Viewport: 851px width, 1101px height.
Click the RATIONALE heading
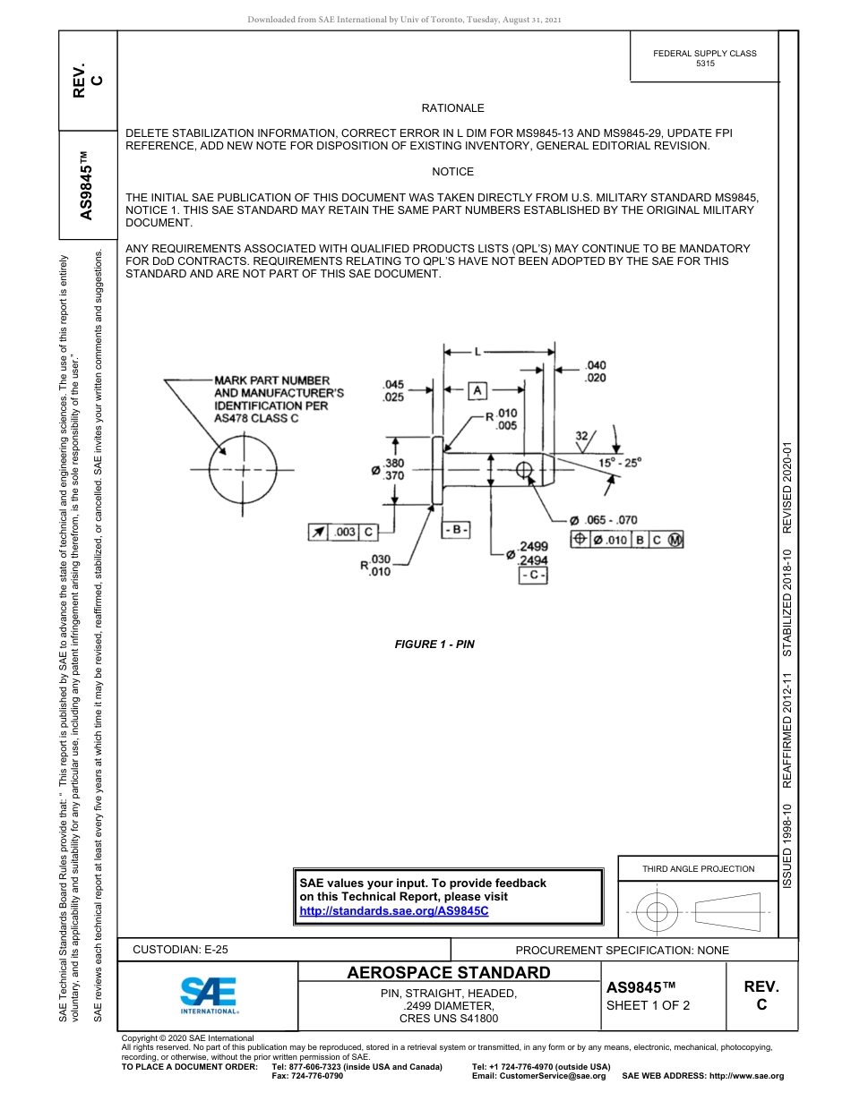[452, 108]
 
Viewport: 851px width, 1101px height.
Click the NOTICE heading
[452, 172]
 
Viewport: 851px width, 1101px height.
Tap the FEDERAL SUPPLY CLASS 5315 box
[704, 58]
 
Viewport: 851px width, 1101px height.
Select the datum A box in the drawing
[477, 391]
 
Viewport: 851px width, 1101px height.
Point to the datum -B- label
[456, 530]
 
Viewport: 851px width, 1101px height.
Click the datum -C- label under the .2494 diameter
[533, 575]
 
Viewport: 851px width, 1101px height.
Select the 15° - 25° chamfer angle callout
[620, 463]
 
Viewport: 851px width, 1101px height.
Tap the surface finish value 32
[581, 436]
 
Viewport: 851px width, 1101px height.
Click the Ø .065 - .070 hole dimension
[603, 519]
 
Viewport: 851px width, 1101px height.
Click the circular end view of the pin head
[238, 469]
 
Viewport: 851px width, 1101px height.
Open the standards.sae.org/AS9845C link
[393, 910]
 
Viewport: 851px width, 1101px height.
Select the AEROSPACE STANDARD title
[449, 973]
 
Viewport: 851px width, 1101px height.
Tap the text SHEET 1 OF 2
[649, 1004]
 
